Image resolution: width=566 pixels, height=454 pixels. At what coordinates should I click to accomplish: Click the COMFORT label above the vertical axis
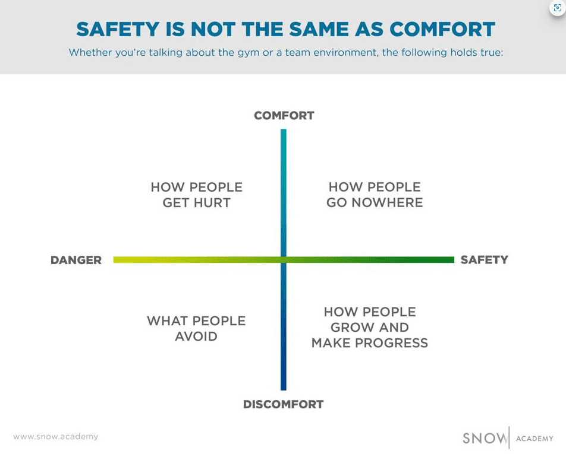pos(284,116)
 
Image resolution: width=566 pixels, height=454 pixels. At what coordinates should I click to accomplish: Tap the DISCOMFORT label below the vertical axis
pos(284,404)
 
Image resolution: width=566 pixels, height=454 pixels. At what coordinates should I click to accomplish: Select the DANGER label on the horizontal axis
pos(76,260)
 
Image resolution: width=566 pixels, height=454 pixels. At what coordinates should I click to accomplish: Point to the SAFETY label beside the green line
pos(485,259)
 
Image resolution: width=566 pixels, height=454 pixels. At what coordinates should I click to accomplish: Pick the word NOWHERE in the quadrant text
pos(387,202)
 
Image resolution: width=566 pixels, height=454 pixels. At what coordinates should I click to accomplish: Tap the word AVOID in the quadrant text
pos(196,336)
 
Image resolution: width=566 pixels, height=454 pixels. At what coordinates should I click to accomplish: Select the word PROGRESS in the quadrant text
pos(392,343)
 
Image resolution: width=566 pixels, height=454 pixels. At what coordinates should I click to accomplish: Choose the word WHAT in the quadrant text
pos(167,320)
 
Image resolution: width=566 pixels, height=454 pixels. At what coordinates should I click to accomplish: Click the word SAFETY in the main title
pos(118,29)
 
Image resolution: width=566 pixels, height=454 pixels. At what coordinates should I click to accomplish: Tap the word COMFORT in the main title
pos(442,29)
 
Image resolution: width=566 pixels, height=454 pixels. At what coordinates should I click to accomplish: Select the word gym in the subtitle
pos(249,53)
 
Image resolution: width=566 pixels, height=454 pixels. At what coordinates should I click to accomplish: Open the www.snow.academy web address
pos(56,437)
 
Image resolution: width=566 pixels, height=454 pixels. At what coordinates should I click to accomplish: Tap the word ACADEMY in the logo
pos(534,439)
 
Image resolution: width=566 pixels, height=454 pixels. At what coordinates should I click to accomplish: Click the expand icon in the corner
pos(557,8)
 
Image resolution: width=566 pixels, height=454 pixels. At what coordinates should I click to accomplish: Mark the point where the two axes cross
pos(284,260)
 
